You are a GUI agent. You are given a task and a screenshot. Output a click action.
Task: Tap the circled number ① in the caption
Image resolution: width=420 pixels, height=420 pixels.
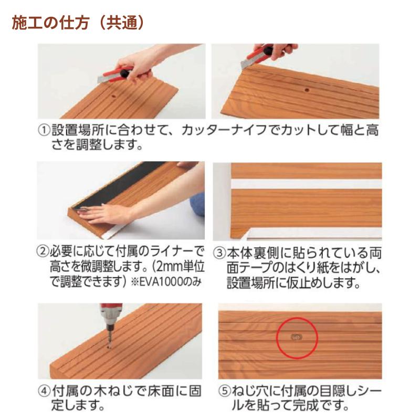pyautogui.click(x=44, y=129)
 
